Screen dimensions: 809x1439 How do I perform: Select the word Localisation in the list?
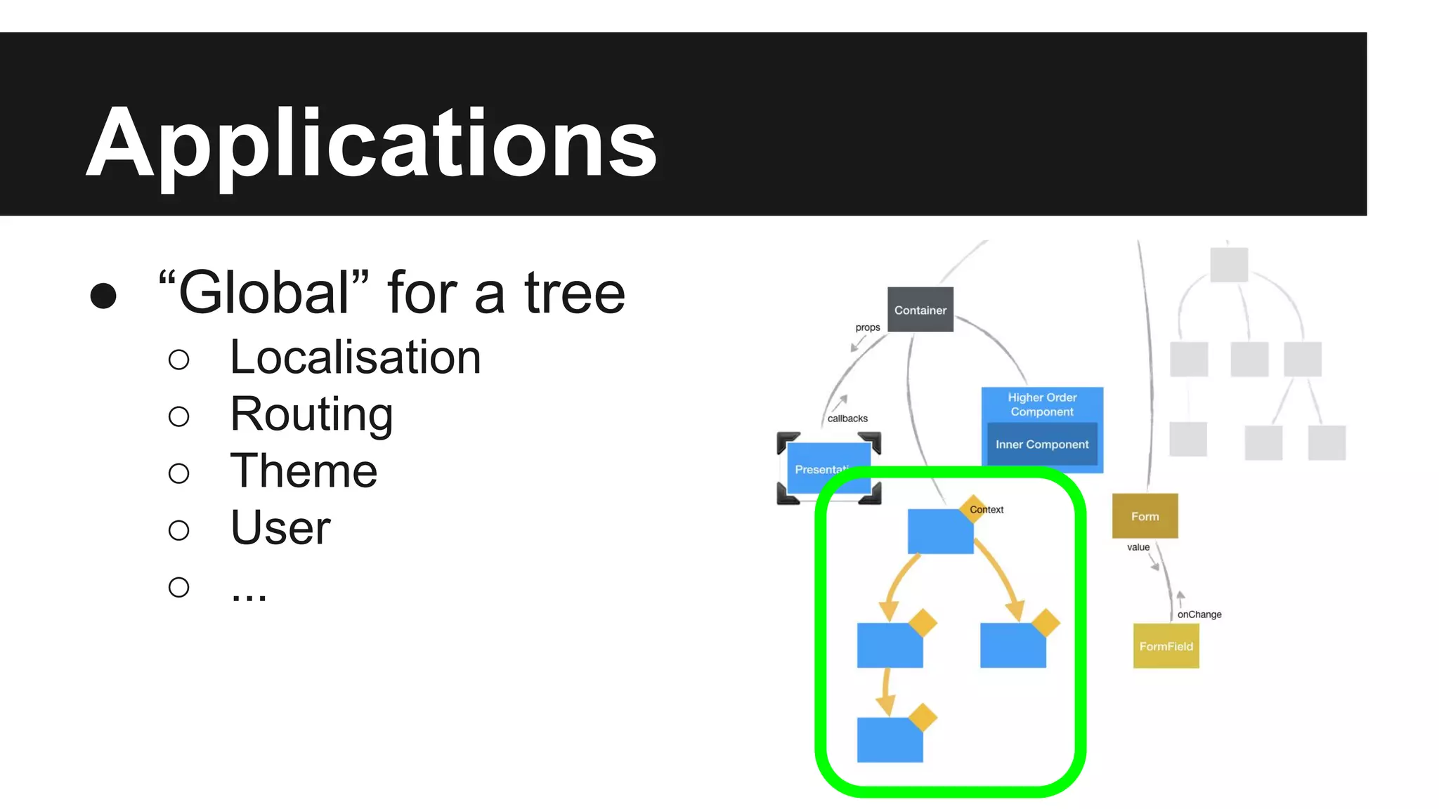(356, 357)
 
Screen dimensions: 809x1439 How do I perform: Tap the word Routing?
(311, 414)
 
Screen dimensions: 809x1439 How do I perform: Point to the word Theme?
(304, 471)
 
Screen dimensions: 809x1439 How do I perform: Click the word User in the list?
(280, 527)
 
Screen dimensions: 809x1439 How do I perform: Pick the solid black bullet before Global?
(103, 296)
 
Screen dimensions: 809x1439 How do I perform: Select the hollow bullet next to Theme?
(179, 473)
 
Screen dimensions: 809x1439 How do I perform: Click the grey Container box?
(920, 310)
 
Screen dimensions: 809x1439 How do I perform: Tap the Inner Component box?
(1042, 445)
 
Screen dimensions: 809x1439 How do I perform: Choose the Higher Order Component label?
(1042, 404)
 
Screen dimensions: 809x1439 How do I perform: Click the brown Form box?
(1145, 516)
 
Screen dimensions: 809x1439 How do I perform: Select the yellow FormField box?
(1166, 646)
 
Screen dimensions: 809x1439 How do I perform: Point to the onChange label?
(1199, 614)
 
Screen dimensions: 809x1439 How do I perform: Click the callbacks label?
(847, 419)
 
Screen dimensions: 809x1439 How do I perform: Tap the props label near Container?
(868, 327)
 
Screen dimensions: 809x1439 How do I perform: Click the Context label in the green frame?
(987, 510)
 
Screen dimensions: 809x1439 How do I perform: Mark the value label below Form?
(1138, 547)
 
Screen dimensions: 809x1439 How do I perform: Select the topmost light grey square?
(1229, 265)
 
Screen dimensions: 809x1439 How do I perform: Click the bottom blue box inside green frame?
(890, 740)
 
